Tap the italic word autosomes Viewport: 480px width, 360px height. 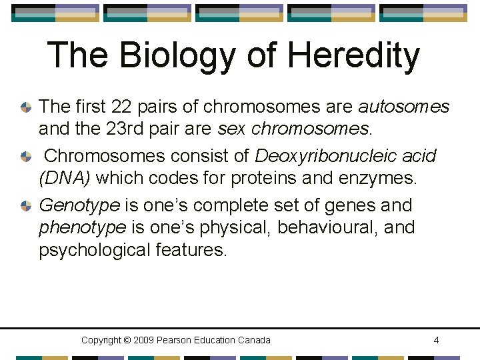coord(404,107)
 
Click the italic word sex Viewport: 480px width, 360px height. coord(229,129)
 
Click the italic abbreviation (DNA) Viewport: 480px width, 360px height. coord(65,179)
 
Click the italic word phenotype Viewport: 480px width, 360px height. coord(83,228)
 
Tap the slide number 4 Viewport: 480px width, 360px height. coord(436,340)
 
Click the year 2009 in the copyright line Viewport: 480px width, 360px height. coord(145,340)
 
